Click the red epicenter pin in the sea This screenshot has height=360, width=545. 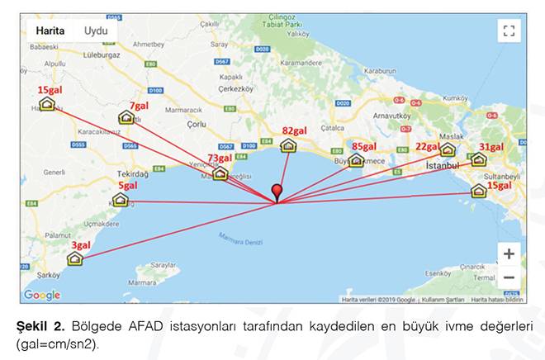click(277, 192)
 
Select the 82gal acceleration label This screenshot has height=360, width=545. click(294, 130)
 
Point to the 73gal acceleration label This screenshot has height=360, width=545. click(219, 158)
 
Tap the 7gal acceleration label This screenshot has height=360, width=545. click(139, 106)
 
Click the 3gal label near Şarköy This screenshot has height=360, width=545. click(81, 245)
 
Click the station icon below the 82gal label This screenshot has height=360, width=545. click(288, 146)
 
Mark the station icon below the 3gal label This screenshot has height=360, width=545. click(75, 258)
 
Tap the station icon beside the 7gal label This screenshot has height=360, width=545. click(126, 118)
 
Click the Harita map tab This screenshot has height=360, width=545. click(50, 31)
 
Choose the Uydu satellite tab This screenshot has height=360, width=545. click(95, 31)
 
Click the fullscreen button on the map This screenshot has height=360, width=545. click(509, 31)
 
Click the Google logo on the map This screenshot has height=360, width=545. click(41, 295)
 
